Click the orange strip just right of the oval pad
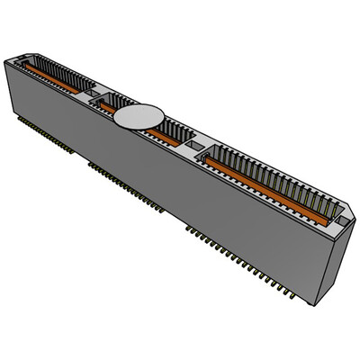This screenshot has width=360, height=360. coord(168,134)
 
